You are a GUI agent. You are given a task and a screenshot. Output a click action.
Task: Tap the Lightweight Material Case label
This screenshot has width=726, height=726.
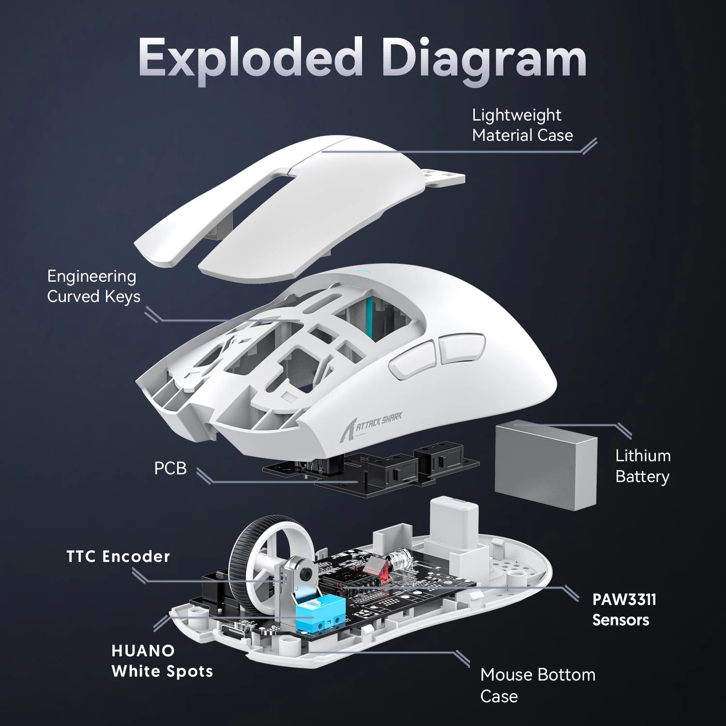[x=522, y=125]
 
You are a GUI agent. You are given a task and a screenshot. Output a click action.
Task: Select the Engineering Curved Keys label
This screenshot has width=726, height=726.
[x=93, y=286]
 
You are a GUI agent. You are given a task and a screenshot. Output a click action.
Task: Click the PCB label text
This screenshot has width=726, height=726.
[x=170, y=469]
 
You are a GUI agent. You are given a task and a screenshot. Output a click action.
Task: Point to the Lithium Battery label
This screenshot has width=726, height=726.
[x=642, y=466]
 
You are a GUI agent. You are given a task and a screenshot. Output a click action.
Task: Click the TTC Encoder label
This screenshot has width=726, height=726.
[x=118, y=557]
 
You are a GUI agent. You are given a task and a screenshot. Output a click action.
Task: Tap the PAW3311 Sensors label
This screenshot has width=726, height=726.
[x=624, y=609]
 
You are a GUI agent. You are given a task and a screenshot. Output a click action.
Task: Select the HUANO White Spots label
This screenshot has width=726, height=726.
[x=162, y=661]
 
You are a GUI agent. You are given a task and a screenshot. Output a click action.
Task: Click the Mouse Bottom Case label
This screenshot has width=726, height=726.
[x=537, y=685]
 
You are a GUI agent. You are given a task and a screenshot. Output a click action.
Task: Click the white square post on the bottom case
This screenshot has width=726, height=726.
[x=454, y=525]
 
